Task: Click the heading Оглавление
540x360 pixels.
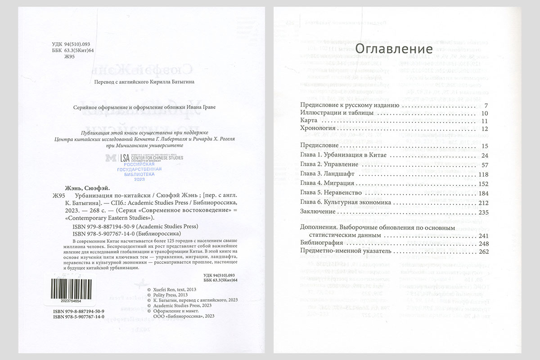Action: [394, 48]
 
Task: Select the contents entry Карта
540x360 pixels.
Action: [309, 121]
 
